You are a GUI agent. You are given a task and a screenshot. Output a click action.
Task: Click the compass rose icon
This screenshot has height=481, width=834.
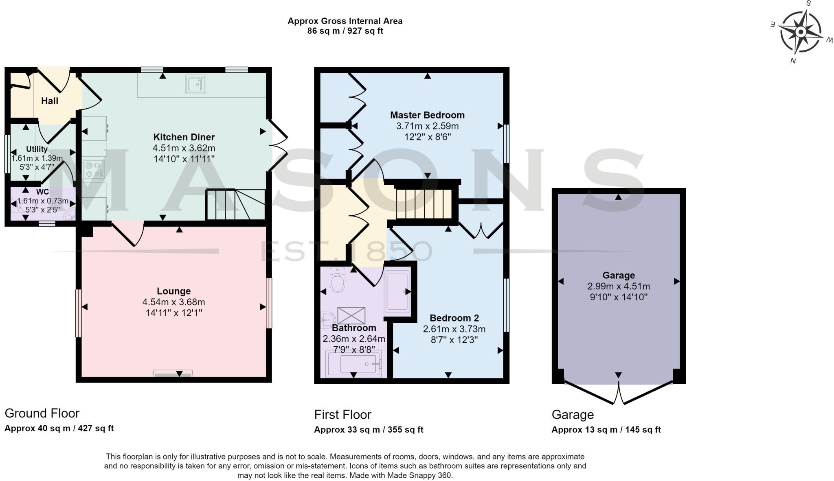(800, 32)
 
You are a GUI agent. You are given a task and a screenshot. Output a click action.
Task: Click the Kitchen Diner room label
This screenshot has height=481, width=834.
(184, 137)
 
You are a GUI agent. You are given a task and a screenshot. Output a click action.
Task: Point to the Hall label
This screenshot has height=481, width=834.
(50, 101)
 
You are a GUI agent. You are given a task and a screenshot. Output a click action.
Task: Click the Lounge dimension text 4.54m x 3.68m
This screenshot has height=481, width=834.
(173, 302)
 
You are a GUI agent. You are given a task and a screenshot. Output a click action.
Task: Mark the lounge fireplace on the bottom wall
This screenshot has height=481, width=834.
(173, 374)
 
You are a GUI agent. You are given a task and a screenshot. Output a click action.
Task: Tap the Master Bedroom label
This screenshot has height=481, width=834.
(427, 115)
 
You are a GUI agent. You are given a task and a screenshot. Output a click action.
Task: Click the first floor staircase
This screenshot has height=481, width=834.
(424, 203)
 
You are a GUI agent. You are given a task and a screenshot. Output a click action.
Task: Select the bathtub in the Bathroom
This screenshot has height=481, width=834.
(353, 363)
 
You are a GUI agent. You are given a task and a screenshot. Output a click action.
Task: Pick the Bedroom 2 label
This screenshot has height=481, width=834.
(454, 318)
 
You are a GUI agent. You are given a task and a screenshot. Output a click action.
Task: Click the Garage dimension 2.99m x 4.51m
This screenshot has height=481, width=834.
(618, 286)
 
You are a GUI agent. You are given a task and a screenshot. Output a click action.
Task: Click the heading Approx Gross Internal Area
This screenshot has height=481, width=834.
(345, 21)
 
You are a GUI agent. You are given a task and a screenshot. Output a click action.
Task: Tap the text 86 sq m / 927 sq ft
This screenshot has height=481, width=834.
(345, 31)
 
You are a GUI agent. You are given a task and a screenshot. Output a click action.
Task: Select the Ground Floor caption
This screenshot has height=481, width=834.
(42, 413)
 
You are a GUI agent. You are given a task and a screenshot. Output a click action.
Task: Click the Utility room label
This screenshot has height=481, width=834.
(37, 149)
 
